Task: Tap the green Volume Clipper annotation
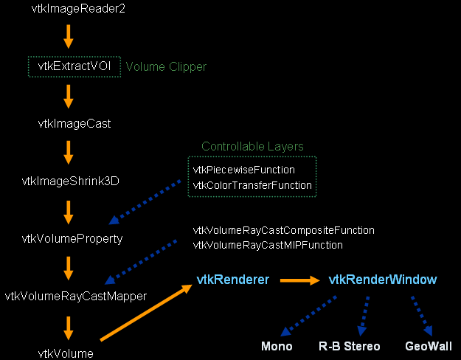tap(166, 66)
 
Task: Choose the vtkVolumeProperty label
tap(72, 238)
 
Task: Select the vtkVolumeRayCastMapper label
tap(76, 297)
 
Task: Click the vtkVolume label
tap(66, 353)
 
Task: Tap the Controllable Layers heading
tap(252, 146)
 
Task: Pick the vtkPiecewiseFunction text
tap(243, 170)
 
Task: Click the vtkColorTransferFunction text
tap(252, 185)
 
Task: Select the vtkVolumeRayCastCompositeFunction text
tap(283, 230)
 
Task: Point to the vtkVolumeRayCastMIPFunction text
tap(268, 245)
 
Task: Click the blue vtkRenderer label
tap(232, 280)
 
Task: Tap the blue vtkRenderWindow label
tap(382, 280)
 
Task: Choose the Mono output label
tap(277, 346)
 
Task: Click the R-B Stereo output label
tap(349, 346)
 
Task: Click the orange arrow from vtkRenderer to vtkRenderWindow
tap(298, 280)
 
